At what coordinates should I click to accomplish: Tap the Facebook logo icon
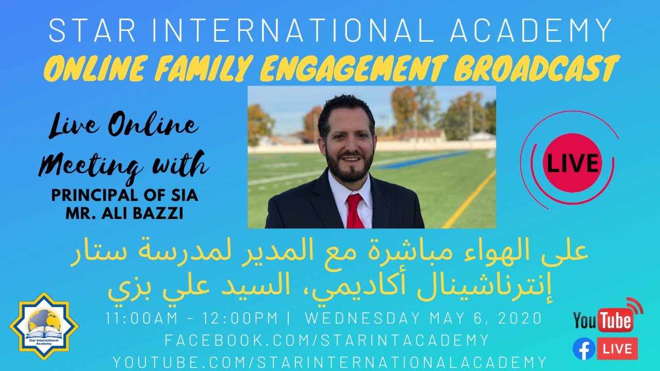coord(584,349)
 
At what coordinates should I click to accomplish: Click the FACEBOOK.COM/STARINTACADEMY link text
coord(326,340)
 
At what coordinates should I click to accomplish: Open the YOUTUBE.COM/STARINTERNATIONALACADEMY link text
coord(329,361)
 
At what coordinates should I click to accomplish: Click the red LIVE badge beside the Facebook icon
coord(617,349)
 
